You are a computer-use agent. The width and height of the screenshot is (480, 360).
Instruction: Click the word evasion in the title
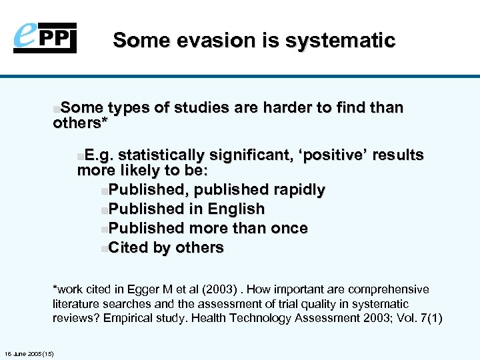pos(203,41)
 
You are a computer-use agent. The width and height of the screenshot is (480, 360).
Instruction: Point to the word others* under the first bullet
pos(81,124)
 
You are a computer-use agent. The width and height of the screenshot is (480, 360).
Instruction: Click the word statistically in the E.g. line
pos(162,155)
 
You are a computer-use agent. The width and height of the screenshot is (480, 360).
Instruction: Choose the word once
pos(289,228)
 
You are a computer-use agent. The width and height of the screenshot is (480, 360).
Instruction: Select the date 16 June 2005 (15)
pos(29,353)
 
